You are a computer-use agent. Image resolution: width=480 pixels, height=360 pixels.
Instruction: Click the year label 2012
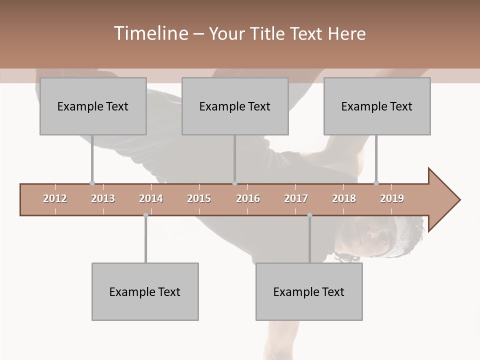55,198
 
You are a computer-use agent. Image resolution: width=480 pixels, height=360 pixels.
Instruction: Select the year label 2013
103,198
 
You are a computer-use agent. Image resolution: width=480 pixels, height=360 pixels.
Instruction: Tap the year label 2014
151,198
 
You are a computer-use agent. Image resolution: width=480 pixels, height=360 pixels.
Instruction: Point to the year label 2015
199,198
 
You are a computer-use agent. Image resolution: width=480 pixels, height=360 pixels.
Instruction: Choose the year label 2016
248,198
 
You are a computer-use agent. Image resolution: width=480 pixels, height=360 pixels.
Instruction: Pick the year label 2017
296,198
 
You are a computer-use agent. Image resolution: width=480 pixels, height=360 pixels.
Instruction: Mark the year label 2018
344,198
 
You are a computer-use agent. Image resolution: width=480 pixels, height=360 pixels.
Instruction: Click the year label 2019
392,198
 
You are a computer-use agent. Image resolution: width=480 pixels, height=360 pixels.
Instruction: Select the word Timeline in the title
150,33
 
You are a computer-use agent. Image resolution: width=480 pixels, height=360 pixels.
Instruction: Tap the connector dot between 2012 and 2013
92,183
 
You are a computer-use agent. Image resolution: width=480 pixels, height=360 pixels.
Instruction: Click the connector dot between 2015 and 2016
234,183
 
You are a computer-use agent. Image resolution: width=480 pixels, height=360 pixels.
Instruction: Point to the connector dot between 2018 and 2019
376,183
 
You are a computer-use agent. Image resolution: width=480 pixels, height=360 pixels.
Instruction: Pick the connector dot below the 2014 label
145,215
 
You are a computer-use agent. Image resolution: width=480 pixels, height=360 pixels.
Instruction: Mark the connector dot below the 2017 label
309,215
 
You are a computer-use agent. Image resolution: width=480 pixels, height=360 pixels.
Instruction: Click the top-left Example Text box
93,106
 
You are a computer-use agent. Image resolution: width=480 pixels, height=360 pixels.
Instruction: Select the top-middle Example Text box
235,106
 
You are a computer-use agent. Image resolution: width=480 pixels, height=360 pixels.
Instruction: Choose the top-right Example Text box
377,106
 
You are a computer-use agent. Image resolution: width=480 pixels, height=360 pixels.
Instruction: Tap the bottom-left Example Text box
145,291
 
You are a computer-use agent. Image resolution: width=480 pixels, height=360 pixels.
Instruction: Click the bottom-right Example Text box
309,291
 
